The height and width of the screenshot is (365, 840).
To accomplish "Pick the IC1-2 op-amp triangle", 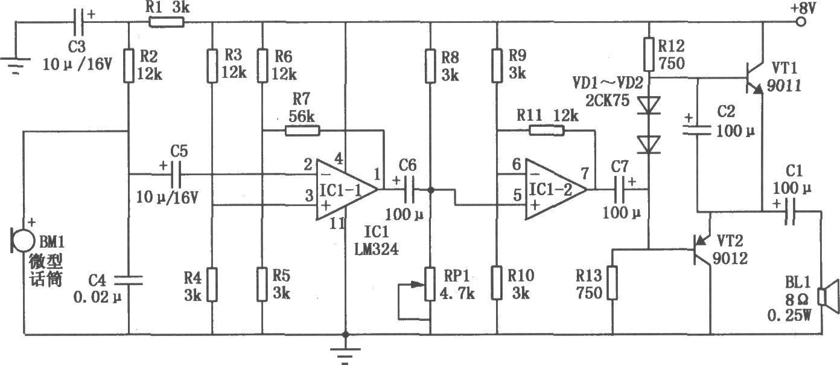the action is [x=556, y=189].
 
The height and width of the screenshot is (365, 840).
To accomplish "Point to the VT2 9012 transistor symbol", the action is [x=701, y=249].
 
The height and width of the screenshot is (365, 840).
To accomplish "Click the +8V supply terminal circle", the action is [x=801, y=22].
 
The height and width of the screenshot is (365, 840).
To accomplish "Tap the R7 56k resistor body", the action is [x=302, y=131].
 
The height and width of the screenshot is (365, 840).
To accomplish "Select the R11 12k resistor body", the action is [x=546, y=131].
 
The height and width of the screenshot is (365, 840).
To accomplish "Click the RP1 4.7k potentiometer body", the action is [x=430, y=284].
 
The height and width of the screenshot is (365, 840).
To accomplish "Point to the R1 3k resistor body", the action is [x=167, y=22].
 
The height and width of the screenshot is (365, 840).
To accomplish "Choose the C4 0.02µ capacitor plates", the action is [x=129, y=280].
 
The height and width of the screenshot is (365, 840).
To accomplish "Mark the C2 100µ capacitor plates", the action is [x=697, y=130].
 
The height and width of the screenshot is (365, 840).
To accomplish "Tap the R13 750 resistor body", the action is [x=612, y=283].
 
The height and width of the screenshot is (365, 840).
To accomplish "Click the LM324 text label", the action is [x=376, y=249].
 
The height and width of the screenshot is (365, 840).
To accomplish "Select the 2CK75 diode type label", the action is [x=607, y=100].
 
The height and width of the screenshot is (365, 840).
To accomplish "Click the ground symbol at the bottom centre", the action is [x=345, y=355].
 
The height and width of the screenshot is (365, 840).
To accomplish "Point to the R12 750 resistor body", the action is [x=649, y=54].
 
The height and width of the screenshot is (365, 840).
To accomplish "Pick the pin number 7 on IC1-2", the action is [x=585, y=173].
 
